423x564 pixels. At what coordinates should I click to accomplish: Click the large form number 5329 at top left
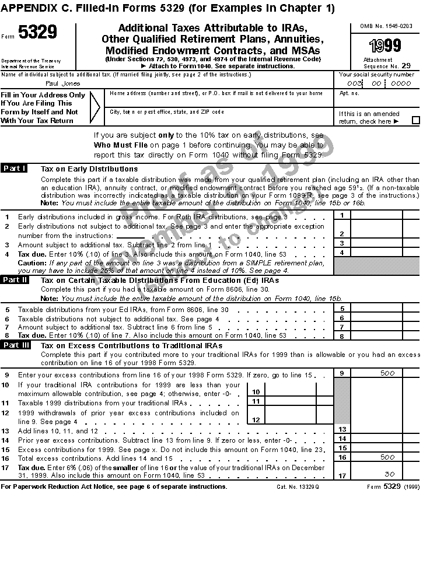tap(38, 33)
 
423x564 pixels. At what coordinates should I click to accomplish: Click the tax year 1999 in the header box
tap(384, 46)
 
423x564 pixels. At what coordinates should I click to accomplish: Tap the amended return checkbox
tap(415, 121)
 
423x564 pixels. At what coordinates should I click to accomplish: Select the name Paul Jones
tap(64, 83)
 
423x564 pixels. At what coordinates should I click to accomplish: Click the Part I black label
tap(15, 169)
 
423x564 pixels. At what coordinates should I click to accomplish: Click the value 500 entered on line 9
tap(387, 373)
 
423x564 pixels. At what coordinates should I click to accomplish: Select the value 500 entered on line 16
tap(387, 458)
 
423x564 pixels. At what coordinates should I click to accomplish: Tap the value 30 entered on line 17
tap(390, 474)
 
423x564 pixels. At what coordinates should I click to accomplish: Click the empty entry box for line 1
tap(376, 216)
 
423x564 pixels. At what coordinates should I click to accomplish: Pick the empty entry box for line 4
tap(376, 253)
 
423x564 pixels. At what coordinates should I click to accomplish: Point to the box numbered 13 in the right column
tap(342, 429)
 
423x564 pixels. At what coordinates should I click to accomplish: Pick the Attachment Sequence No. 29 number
tap(406, 66)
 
